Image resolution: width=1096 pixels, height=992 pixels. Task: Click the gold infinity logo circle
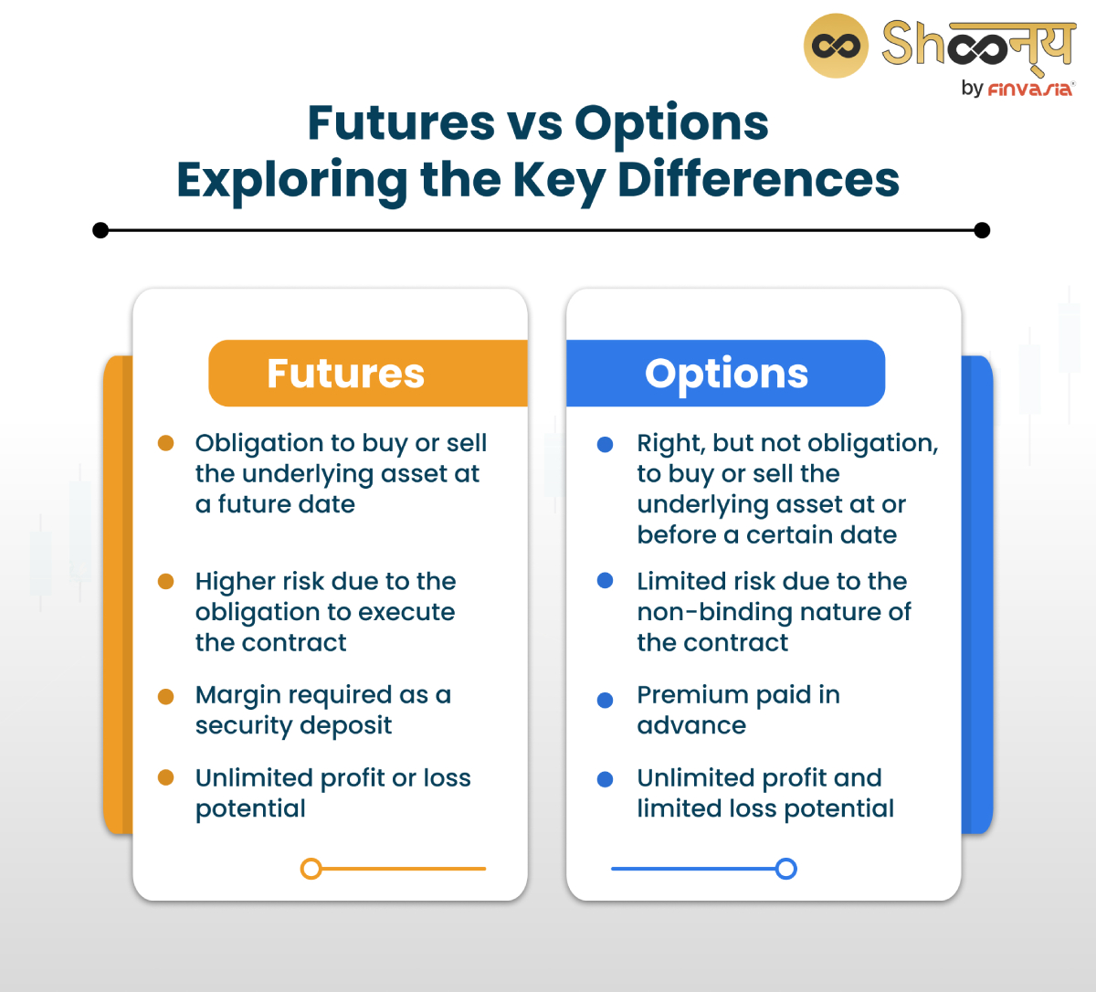click(836, 46)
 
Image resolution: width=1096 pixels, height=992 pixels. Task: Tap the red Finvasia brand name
click(1031, 89)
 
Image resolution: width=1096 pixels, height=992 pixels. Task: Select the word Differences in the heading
click(758, 180)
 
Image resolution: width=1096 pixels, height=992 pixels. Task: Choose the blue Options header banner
click(726, 374)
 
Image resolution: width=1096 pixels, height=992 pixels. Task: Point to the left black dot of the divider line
click(101, 230)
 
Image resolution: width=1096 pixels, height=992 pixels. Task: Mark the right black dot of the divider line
click(982, 230)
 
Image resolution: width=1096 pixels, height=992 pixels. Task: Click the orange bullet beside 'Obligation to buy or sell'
click(166, 444)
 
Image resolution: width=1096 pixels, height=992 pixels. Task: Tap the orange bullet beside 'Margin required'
click(166, 697)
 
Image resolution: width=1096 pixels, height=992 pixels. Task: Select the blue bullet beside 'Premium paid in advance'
click(605, 701)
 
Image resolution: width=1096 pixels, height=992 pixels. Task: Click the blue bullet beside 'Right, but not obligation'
click(605, 445)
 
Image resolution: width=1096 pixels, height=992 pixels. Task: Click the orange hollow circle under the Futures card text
click(311, 869)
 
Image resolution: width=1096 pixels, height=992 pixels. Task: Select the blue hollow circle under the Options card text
click(785, 869)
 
